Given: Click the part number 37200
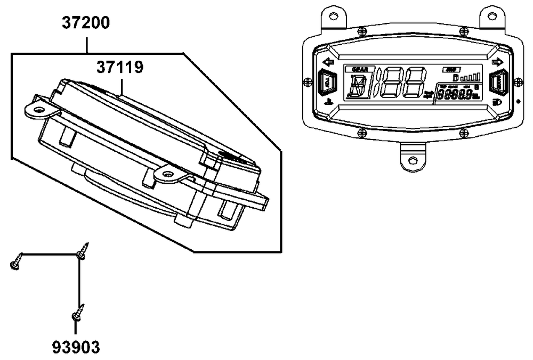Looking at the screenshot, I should point(86,23).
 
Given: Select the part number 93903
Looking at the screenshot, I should point(76,347).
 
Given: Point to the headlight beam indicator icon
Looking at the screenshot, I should point(497,101).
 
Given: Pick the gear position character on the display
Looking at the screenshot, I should point(356,86).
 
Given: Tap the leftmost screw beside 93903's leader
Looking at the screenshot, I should point(15,263).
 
